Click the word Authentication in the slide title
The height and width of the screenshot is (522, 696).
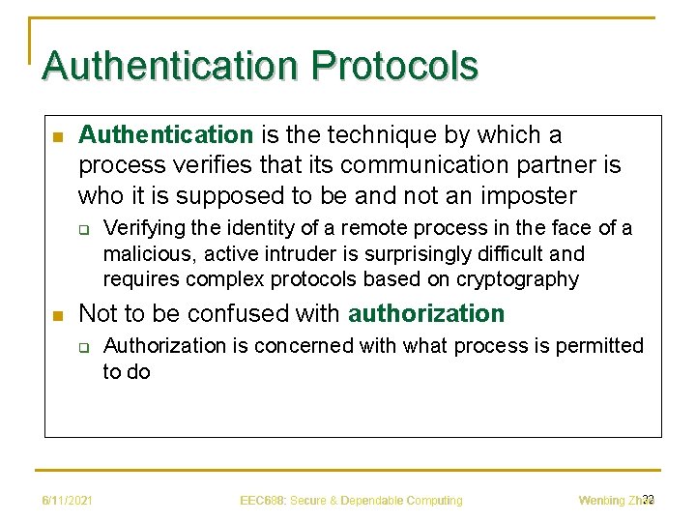click(170, 66)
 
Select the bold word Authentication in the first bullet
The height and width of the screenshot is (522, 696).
click(165, 134)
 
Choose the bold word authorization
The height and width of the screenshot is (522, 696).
click(426, 314)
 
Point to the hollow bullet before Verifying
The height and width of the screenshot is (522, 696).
click(83, 230)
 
